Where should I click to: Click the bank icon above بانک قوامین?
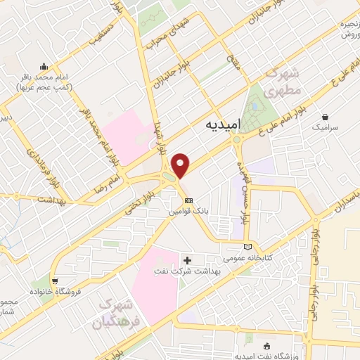coord(188,200)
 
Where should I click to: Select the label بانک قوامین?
coord(188,210)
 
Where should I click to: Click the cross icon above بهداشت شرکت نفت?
coord(187,260)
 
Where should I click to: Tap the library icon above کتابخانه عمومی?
coord(247,246)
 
